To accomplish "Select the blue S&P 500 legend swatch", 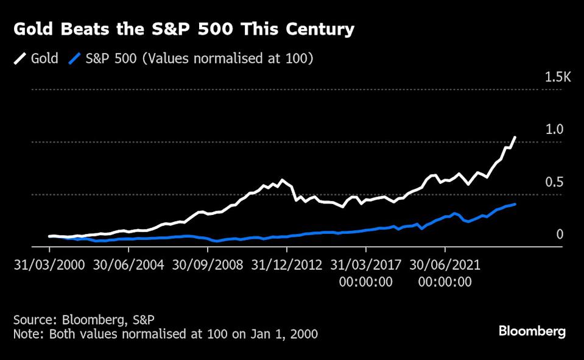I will [75, 58].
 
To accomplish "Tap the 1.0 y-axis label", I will [555, 130].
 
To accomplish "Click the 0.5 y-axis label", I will [555, 182].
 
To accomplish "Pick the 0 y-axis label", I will [560, 235].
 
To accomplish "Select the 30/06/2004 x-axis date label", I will [128, 266].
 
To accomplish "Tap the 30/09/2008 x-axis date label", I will [207, 266].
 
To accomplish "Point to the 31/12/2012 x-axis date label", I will [286, 266].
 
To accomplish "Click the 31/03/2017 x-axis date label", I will [365, 266].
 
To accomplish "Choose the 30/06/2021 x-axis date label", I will [445, 266].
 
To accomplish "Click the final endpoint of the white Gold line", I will [515, 138].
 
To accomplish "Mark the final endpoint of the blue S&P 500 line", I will [515, 204].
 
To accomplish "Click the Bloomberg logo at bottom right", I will [532, 331].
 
